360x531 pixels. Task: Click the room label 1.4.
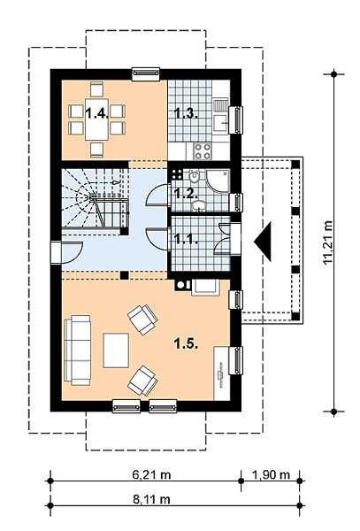click(97, 113)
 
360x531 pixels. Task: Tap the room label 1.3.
click(186, 113)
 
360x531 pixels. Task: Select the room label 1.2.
click(186, 193)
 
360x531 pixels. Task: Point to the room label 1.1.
click(186, 239)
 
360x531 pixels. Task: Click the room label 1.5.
click(186, 344)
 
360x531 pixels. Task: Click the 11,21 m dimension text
click(328, 242)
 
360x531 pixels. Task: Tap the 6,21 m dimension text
click(151, 474)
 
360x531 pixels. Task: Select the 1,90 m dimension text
click(271, 474)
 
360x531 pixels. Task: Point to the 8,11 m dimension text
click(151, 499)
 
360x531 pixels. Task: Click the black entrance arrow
click(264, 242)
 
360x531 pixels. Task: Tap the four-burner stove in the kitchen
click(202, 151)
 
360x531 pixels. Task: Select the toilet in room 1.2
click(194, 177)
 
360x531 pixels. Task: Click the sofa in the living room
click(78, 350)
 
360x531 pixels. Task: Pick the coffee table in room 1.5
click(116, 350)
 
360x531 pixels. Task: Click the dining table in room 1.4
click(97, 119)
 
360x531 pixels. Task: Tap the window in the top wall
click(145, 74)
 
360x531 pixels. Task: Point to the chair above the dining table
click(96, 90)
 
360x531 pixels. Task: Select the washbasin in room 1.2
click(198, 205)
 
